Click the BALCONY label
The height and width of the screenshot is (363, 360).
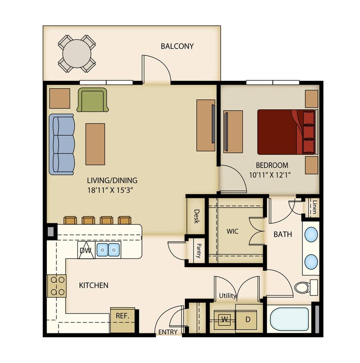[x=177, y=46]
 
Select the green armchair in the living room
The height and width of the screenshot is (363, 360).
[x=92, y=100]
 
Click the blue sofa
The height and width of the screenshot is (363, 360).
[x=62, y=144]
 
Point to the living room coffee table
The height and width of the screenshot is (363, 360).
[x=95, y=144]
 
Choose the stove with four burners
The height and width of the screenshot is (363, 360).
[x=56, y=286]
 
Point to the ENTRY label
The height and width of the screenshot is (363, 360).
[x=168, y=332]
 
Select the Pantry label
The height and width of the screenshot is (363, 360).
[x=199, y=250]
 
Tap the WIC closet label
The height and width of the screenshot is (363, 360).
[x=232, y=231]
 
